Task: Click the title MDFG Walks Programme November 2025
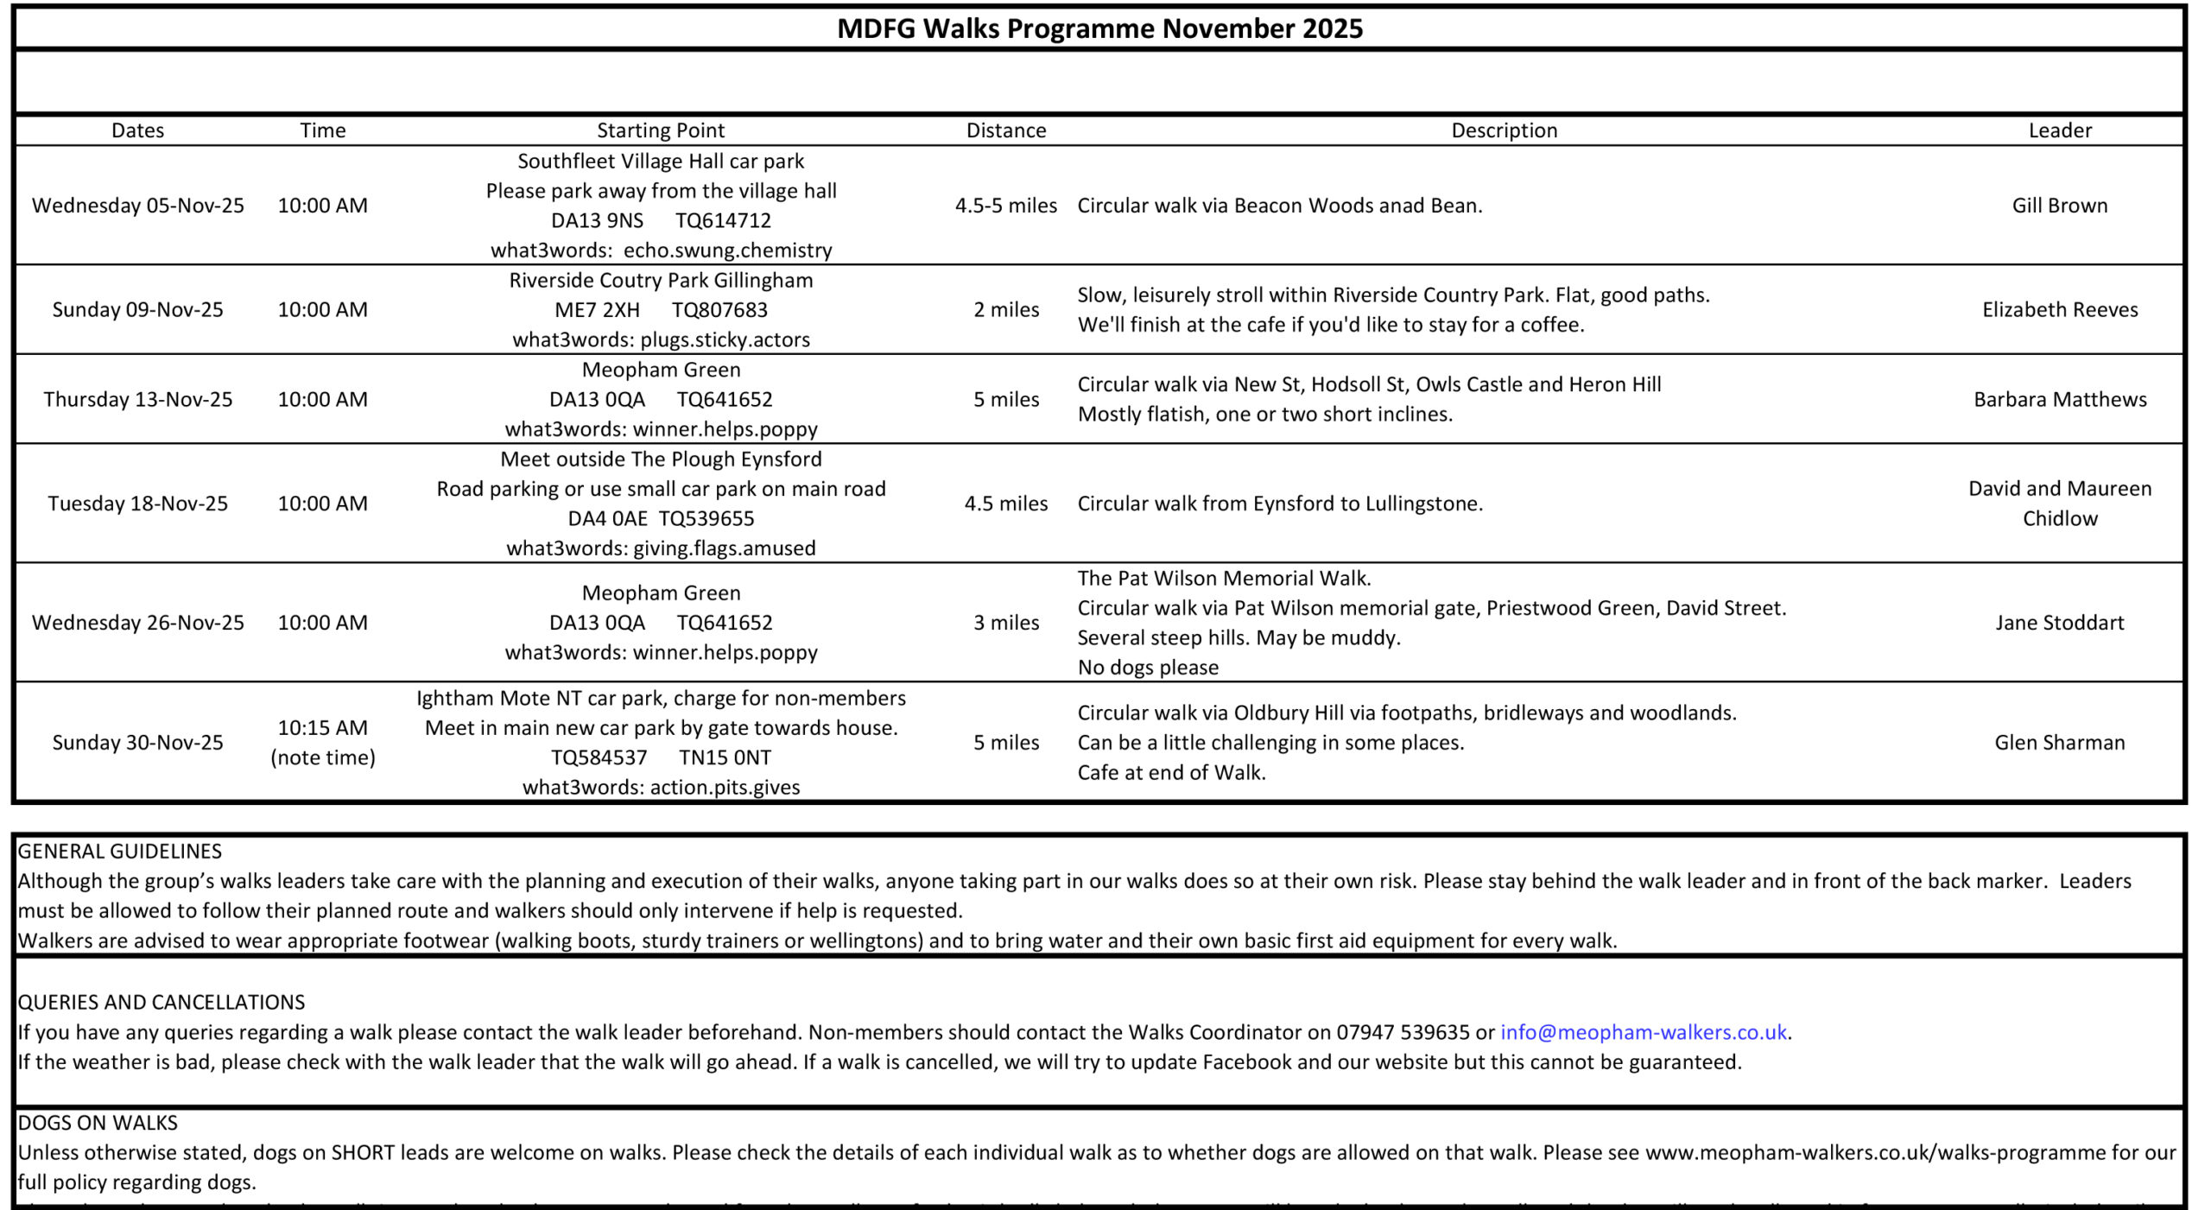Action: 1099,29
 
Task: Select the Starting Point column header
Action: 661,130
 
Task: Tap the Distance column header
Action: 1005,130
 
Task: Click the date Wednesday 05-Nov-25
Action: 138,206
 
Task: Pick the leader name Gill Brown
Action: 2060,206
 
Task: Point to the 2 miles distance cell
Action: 1006,310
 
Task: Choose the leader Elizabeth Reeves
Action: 2060,310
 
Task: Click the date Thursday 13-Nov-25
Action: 138,400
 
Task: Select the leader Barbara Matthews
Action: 2060,400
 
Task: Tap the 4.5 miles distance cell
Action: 1006,504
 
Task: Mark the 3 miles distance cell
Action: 1006,623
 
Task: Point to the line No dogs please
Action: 1148,668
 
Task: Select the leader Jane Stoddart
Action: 2060,623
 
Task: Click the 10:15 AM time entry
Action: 322,728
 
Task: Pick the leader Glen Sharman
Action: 2060,743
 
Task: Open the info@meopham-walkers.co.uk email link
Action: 1643,1032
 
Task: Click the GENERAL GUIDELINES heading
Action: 120,852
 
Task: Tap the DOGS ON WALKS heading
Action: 98,1123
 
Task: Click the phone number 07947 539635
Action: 1403,1032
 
